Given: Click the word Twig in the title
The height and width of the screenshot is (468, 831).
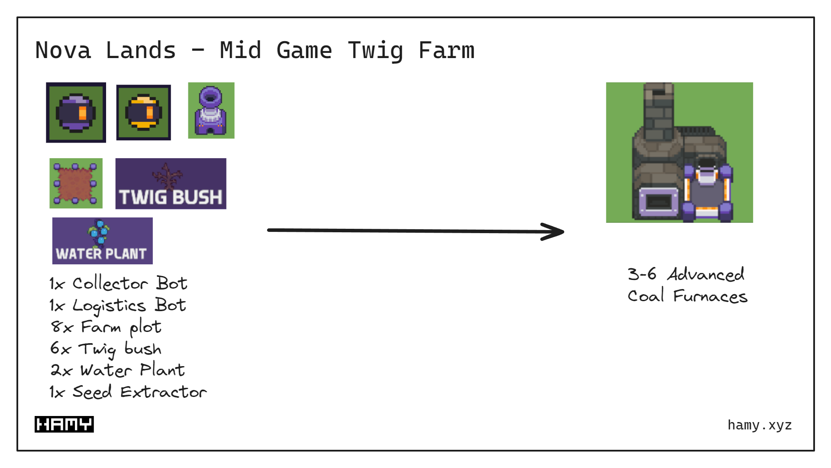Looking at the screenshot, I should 375,51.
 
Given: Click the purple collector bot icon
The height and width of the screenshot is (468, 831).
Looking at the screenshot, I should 76,113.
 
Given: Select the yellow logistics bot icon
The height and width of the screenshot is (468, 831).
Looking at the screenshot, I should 143,113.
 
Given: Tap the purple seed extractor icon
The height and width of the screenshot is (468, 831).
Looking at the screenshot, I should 211,111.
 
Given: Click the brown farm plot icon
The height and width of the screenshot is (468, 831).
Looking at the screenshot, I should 76,183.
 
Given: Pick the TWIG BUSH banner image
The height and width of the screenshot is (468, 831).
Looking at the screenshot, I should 171,184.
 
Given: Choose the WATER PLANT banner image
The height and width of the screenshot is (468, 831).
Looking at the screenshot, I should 102,241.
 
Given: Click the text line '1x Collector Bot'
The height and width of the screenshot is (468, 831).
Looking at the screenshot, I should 118,283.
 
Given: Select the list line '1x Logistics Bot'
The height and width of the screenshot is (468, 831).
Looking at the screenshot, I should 117,305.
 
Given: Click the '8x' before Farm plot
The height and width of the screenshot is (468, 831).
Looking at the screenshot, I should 61,327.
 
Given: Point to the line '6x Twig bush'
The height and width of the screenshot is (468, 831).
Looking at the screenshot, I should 106,349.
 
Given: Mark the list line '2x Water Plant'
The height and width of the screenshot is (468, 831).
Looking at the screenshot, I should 117,370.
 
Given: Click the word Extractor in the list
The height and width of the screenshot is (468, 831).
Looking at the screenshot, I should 163,392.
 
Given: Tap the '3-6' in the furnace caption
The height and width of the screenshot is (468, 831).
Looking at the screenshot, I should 642,274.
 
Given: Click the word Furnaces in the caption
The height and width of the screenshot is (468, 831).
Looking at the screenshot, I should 710,296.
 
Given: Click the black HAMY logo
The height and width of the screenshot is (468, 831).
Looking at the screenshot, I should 64,424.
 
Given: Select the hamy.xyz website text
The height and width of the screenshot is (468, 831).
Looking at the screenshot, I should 760,425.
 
